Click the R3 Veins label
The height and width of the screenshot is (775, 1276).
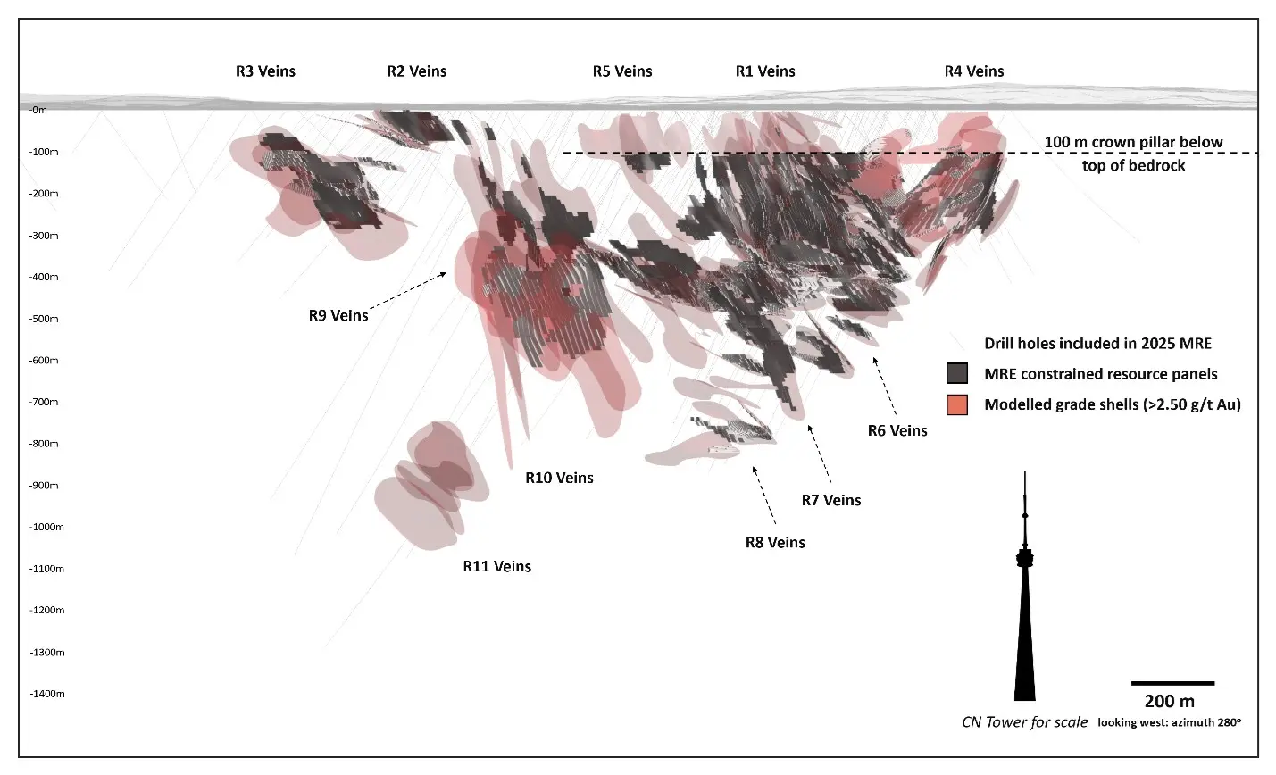[265, 71]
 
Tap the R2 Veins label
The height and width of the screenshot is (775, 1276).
[416, 71]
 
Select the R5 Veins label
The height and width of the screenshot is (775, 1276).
[622, 71]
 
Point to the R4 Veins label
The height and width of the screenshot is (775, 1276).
[974, 71]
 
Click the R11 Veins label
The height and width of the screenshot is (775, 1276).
[496, 567]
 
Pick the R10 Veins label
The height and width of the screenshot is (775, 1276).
[559, 479]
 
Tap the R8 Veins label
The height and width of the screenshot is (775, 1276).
[775, 543]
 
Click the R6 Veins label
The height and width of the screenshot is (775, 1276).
[897, 431]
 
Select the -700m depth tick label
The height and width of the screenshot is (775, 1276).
[43, 403]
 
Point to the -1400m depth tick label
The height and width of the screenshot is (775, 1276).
[46, 695]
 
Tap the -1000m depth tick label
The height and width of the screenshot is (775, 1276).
[46, 528]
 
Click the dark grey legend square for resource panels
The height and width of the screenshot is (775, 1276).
[957, 374]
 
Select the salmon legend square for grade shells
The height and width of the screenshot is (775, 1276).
[957, 404]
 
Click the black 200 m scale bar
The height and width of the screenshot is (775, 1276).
[1172, 683]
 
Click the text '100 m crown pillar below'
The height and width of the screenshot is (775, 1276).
[1133, 143]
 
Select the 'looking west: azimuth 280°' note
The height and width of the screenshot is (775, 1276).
[1169, 722]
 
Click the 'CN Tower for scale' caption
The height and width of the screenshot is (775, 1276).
[1024, 722]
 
